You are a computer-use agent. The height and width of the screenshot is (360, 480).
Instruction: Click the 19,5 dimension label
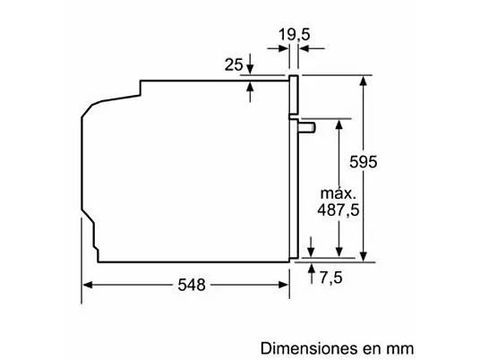click(x=294, y=34)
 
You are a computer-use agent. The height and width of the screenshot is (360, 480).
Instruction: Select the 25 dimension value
click(x=234, y=64)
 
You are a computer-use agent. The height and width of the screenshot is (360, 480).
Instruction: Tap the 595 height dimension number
click(x=363, y=161)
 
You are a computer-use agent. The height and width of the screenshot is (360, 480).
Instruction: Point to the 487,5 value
click(x=338, y=210)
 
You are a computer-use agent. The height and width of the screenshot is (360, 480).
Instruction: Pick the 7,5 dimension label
click(x=330, y=278)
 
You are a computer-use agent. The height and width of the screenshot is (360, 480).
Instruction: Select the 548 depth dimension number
click(x=192, y=285)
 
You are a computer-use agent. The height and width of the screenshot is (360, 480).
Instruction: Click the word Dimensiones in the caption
click(x=309, y=348)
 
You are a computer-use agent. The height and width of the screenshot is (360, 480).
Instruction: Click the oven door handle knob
click(x=307, y=127)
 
